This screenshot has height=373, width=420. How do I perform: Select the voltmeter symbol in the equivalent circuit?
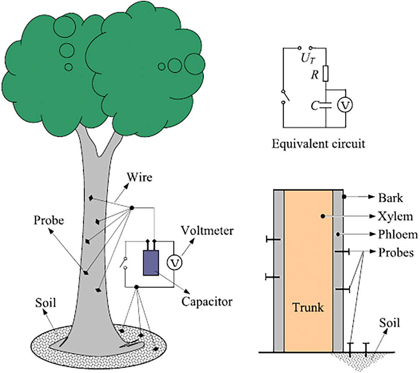pyautogui.click(x=345, y=106)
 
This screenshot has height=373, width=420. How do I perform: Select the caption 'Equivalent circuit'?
pyautogui.click(x=318, y=144)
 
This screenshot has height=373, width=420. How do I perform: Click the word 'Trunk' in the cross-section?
pyautogui.click(x=308, y=308)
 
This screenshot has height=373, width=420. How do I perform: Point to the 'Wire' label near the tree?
pyautogui.click(x=141, y=177)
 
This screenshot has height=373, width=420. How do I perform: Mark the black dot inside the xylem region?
pyautogui.click(x=323, y=216)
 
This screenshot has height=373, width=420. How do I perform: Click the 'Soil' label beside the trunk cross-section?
pyautogui.click(x=390, y=323)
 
